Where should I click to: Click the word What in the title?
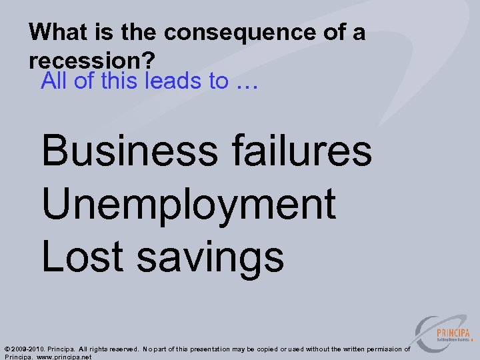coord(55,31)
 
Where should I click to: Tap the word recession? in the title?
coord(92,61)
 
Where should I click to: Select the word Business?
coord(129,151)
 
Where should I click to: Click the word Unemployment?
coord(189,205)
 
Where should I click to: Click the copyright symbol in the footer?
coord(7,349)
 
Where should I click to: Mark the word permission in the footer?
coord(382,349)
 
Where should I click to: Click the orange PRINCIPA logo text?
coord(453,333)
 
